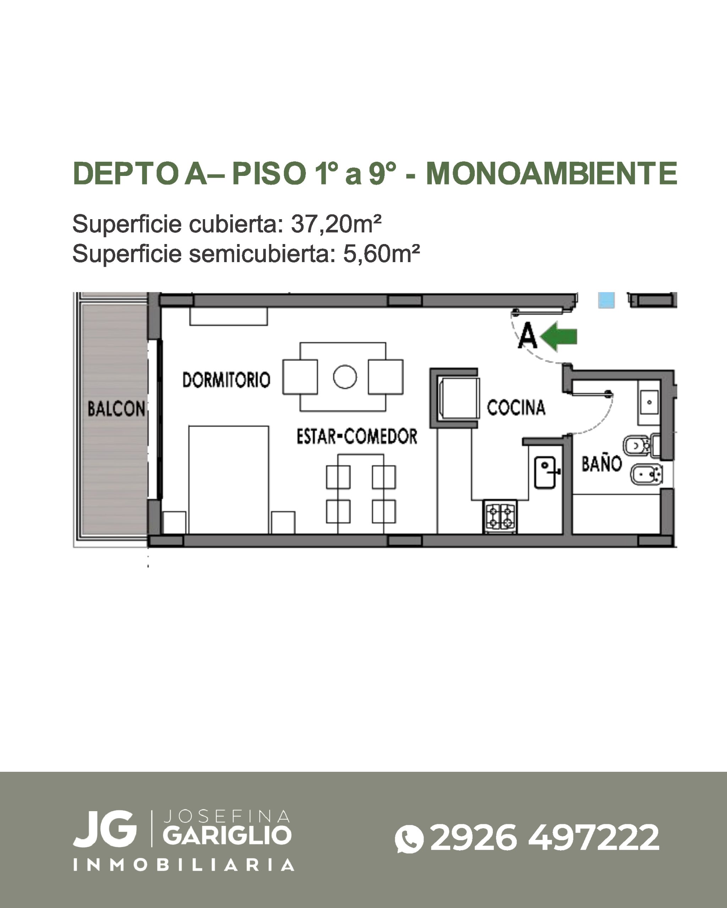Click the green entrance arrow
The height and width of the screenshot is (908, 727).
[x=559, y=336]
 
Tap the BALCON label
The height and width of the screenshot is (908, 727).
[x=116, y=409]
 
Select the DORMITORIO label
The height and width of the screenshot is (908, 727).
[x=226, y=380]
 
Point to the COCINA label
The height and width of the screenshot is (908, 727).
[x=516, y=407]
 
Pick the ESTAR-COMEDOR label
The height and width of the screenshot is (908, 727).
[x=357, y=436]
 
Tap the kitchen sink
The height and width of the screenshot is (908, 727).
[x=546, y=473]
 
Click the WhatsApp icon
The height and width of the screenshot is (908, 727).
[x=409, y=838]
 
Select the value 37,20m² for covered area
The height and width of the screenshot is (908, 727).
[x=336, y=224]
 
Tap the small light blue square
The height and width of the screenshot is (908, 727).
[x=606, y=300]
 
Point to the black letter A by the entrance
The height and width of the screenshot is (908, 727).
[x=528, y=335]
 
